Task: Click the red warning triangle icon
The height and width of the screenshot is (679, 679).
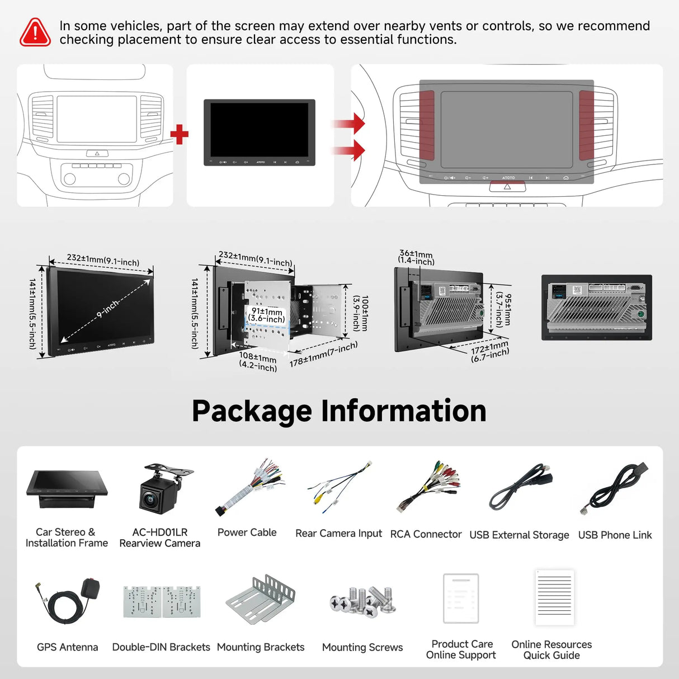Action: [35, 32]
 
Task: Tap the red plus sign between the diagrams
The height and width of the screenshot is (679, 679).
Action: [179, 134]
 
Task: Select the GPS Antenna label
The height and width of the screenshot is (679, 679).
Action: [67, 647]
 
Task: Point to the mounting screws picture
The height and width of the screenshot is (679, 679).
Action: [364, 601]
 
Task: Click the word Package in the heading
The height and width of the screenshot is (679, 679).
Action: [252, 411]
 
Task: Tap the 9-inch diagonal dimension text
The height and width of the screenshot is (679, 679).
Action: [107, 309]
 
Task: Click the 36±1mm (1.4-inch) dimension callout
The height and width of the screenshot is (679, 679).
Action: [416, 257]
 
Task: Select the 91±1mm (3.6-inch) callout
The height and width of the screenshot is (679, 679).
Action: [267, 315]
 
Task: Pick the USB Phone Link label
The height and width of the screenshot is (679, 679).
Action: [615, 535]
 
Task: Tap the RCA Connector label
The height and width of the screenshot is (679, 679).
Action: [426, 534]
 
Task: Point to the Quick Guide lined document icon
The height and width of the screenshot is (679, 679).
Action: [554, 597]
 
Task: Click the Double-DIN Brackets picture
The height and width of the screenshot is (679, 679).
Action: [162, 602]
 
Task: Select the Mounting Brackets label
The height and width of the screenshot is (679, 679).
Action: [261, 647]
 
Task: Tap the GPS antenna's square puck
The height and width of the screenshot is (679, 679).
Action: [90, 588]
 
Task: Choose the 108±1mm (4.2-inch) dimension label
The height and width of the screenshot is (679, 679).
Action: [258, 361]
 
